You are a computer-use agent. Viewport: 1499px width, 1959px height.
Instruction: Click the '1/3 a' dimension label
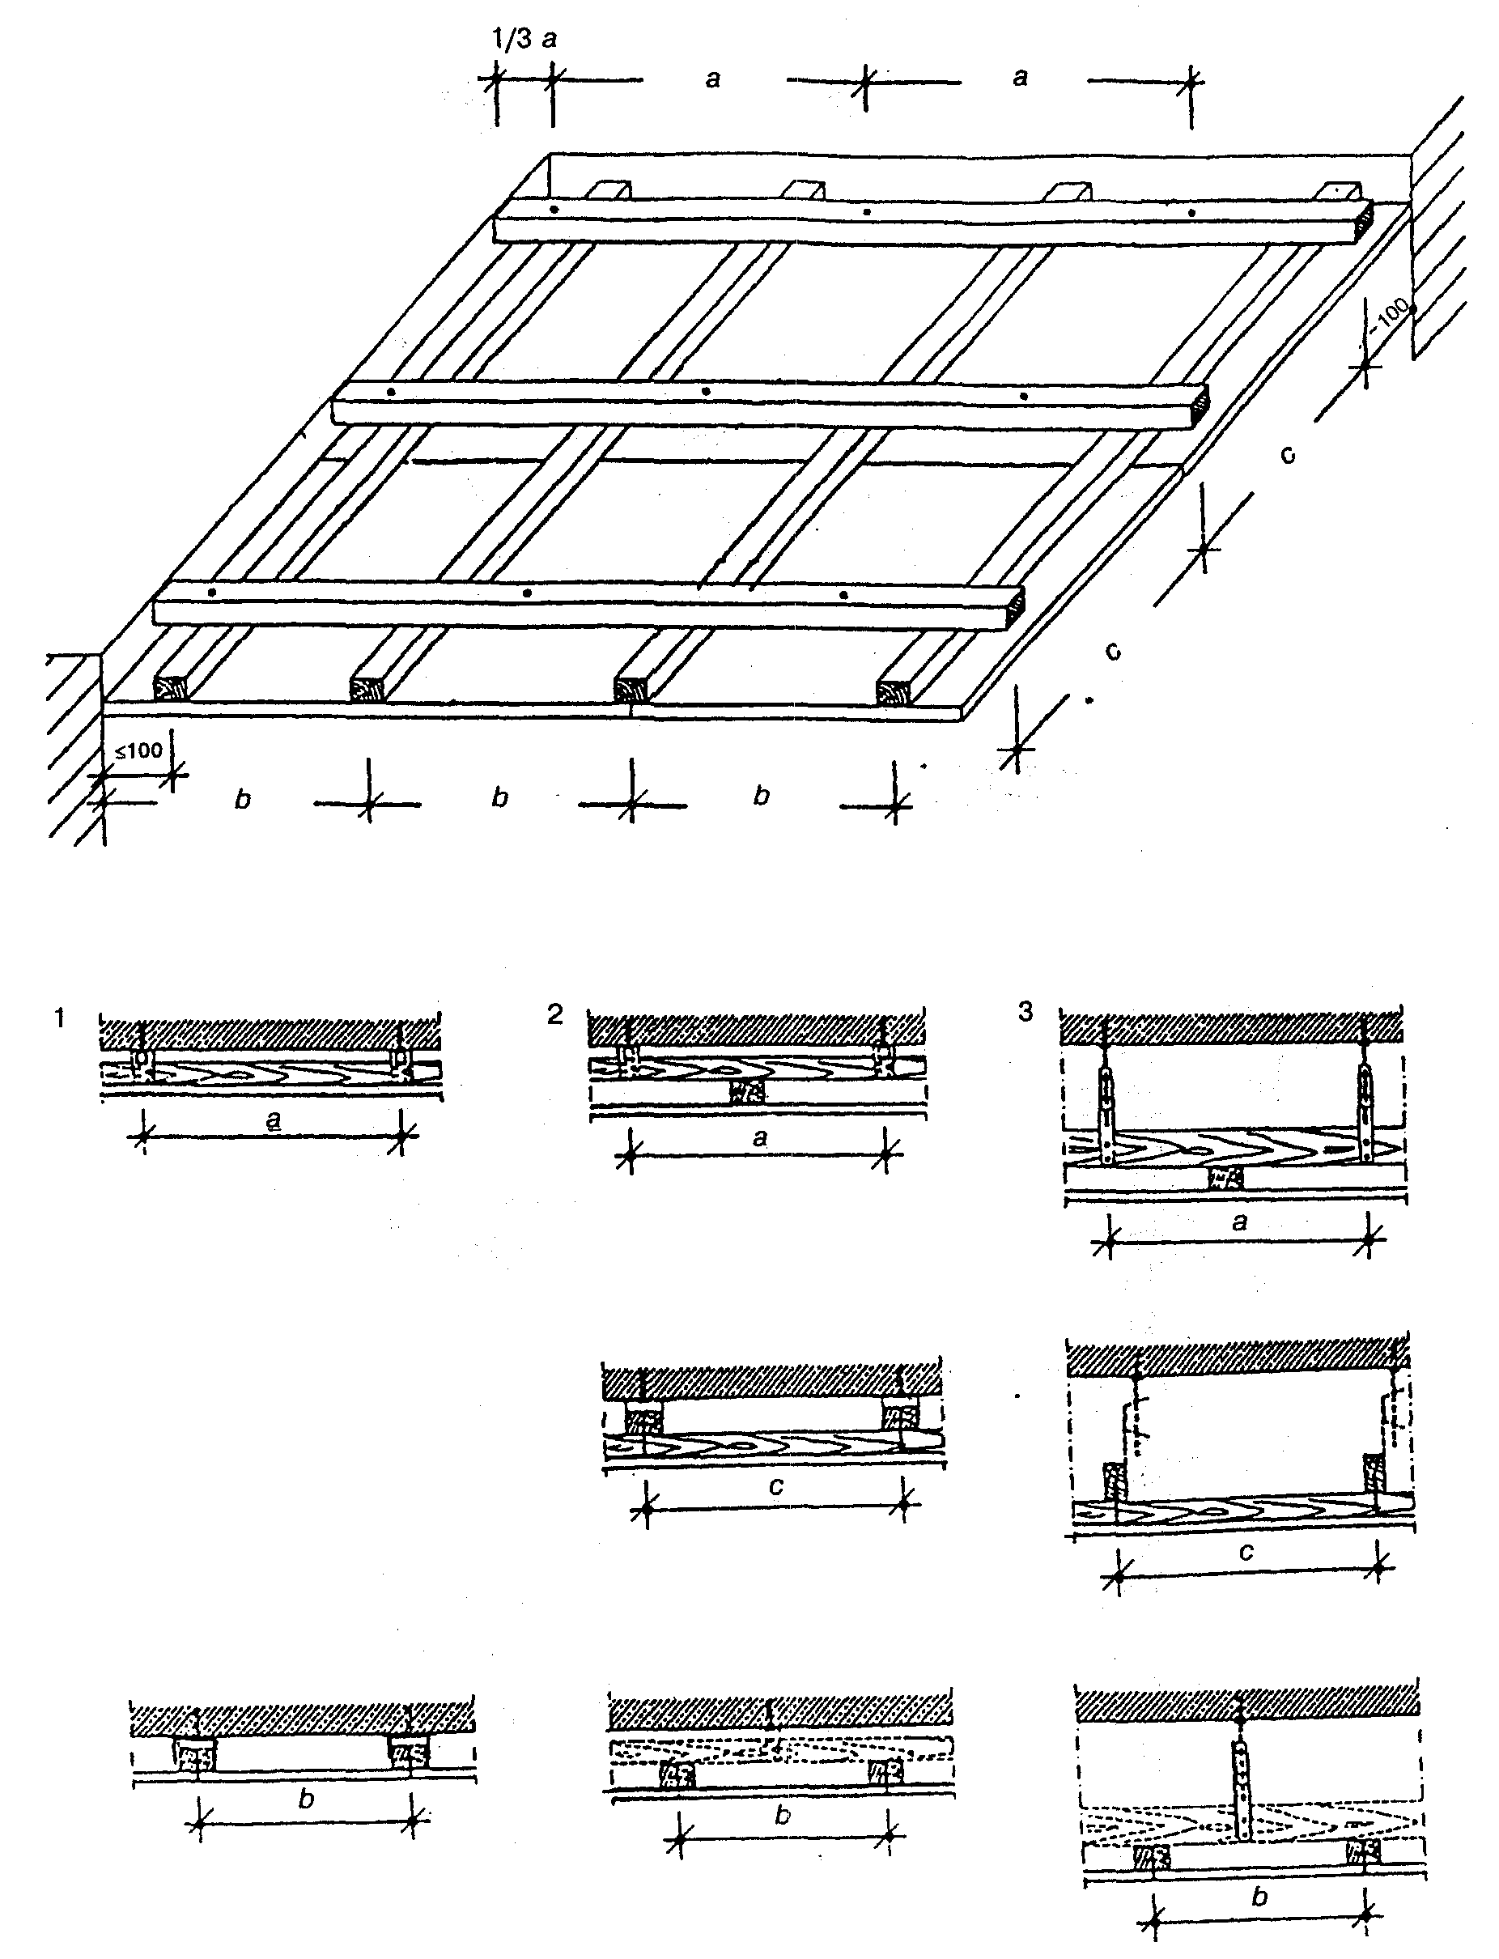524,40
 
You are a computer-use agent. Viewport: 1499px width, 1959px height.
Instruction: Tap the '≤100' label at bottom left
138,750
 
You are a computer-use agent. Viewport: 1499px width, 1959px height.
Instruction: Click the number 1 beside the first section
60,1018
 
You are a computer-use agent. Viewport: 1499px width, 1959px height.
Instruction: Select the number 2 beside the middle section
555,1015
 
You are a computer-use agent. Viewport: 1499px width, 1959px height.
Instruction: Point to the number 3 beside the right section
1026,1013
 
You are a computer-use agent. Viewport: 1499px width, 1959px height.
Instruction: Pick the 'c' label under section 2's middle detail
775,1487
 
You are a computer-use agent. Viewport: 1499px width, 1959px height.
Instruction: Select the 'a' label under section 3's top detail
1238,1222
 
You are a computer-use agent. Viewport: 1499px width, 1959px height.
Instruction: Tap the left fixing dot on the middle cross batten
392,393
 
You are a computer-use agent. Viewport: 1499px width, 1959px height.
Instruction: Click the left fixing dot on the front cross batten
211,593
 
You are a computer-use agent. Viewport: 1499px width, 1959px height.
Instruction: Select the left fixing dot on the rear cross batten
554,210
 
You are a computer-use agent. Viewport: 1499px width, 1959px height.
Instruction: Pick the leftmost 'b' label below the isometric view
243,799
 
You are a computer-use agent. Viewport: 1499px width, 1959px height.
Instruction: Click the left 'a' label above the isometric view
713,79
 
